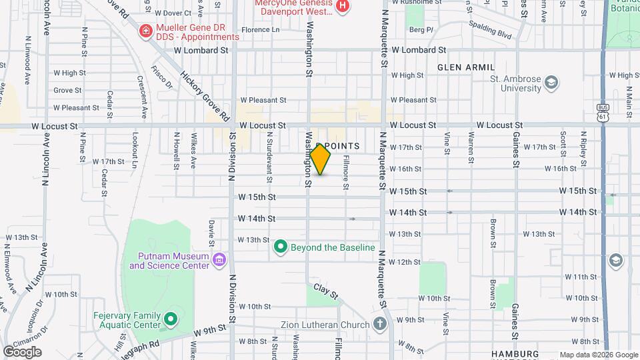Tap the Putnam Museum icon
click(x=219, y=258)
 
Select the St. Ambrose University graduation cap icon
click(x=551, y=83)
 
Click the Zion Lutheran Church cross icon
click(x=379, y=325)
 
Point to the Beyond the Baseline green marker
click(x=281, y=247)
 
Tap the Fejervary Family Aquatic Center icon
click(x=170, y=319)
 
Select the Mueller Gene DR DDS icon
click(x=145, y=31)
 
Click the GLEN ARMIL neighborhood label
click(x=466, y=67)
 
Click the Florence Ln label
click(x=260, y=30)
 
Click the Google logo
click(x=22, y=352)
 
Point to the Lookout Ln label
click(x=135, y=149)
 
